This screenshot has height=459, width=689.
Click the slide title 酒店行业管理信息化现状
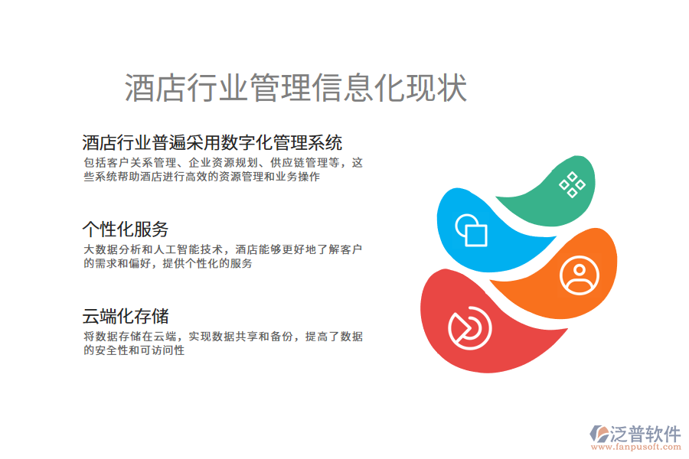296,89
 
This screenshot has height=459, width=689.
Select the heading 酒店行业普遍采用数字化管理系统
212,142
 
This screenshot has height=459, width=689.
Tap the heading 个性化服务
125,229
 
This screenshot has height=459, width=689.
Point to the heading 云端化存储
125,316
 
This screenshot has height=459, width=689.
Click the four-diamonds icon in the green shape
572,184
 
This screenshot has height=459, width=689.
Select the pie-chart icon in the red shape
469,327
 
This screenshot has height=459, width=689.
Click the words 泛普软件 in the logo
645,435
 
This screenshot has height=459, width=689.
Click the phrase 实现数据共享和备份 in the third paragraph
242,337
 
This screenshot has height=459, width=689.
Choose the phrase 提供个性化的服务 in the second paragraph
204,263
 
